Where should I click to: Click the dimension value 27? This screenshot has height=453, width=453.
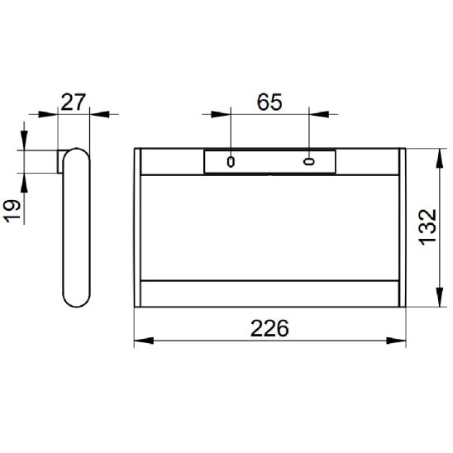pos(74,102)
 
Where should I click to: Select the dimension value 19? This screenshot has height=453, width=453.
pos(13,211)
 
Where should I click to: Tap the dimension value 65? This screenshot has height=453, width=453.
pos(269,103)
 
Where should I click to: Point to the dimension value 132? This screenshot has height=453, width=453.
pos(428,227)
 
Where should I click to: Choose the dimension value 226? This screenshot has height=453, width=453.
pos(269,328)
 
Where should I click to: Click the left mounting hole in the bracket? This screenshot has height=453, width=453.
pos(231,162)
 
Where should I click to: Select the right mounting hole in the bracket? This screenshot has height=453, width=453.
pos(309,161)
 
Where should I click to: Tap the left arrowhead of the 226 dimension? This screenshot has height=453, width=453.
pos(144,341)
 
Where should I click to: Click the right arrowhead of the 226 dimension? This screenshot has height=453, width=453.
pos(396,341)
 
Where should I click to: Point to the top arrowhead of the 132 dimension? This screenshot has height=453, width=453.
pos(440,158)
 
